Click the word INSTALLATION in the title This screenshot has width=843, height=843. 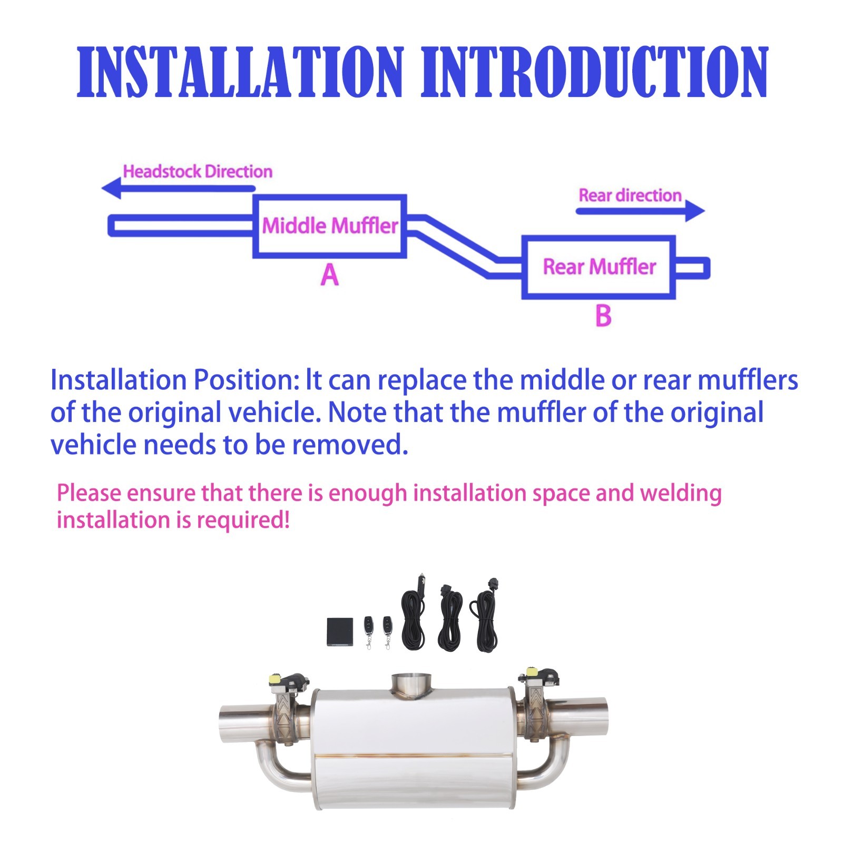(x=240, y=72)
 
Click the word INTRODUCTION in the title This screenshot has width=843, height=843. (x=594, y=72)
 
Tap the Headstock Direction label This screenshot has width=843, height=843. (x=198, y=172)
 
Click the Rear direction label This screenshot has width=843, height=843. (x=630, y=195)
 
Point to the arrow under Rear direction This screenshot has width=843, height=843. (x=640, y=211)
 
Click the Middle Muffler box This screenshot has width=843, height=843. (x=330, y=226)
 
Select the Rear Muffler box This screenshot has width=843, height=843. (x=599, y=267)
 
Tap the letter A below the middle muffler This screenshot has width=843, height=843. (x=330, y=275)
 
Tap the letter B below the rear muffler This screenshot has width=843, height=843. (x=603, y=316)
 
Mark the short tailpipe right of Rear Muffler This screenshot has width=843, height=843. (x=692, y=268)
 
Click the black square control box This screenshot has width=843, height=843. (x=339, y=631)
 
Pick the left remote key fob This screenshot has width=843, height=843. (x=368, y=628)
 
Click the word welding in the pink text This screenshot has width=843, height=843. (x=680, y=493)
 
